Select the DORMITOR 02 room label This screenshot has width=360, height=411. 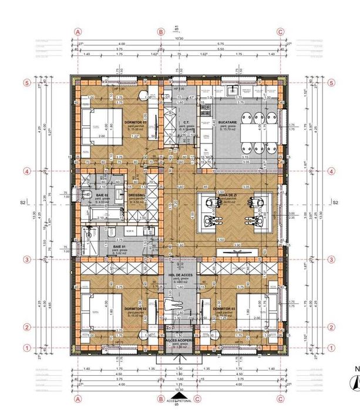pyautogui.click(x=135, y=308)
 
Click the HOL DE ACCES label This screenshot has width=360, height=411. pyautogui.click(x=179, y=274)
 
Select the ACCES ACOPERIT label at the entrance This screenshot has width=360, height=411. pyautogui.click(x=179, y=340)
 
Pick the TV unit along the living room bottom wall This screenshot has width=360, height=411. pyautogui.click(x=241, y=252)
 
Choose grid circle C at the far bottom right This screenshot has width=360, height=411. pyautogui.click(x=280, y=399)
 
